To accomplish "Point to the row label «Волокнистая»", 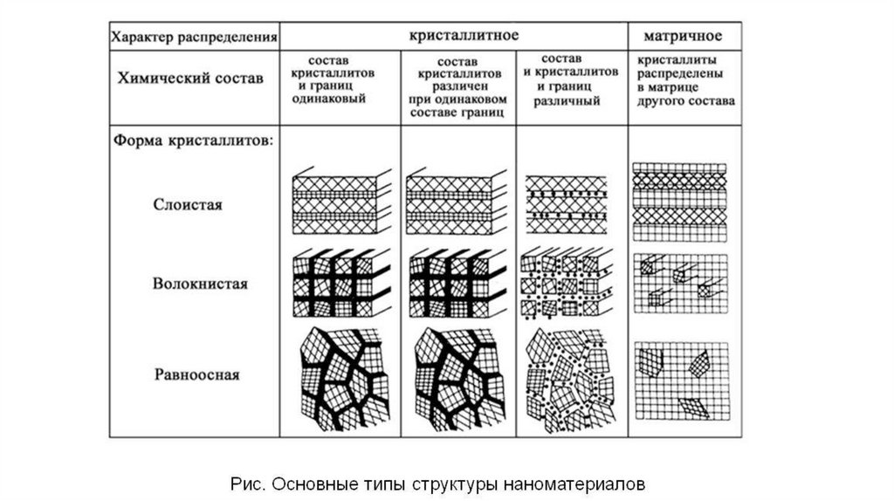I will tap(200, 284).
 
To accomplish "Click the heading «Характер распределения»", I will tap(194, 38).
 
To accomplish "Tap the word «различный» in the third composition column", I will tap(570, 100).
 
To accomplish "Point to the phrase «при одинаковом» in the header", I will tap(457, 100).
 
